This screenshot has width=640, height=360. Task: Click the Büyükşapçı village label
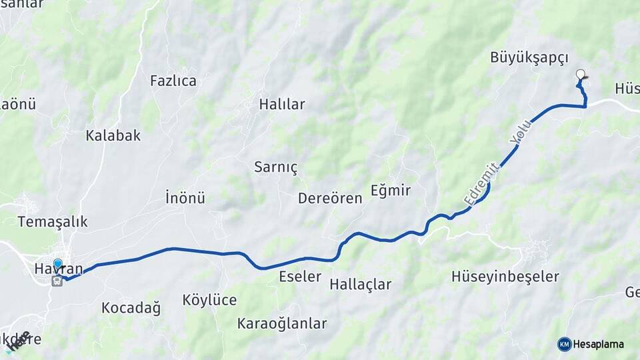click(x=529, y=57)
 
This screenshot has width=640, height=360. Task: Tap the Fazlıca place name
click(x=173, y=81)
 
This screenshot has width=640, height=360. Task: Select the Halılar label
click(x=282, y=104)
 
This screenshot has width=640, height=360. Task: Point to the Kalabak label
click(x=113, y=135)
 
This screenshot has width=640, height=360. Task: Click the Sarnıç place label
click(x=276, y=167)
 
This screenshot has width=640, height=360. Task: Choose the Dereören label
click(x=330, y=198)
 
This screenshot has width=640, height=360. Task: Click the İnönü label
click(x=185, y=197)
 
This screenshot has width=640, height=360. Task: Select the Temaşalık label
click(x=53, y=221)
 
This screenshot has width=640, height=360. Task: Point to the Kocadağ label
click(x=131, y=307)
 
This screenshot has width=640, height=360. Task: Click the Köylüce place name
click(x=209, y=300)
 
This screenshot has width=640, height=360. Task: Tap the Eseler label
click(x=300, y=276)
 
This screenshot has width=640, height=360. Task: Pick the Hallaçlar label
click(x=360, y=285)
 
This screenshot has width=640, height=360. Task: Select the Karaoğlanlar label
click(x=282, y=323)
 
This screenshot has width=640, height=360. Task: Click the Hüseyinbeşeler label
click(x=505, y=276)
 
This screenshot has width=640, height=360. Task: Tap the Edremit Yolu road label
click(x=497, y=164)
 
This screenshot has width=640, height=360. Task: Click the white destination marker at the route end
click(x=580, y=75)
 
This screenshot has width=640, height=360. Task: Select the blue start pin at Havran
click(x=58, y=264)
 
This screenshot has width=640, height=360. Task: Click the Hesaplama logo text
click(x=599, y=344)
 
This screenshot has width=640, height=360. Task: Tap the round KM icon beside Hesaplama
click(x=565, y=344)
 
